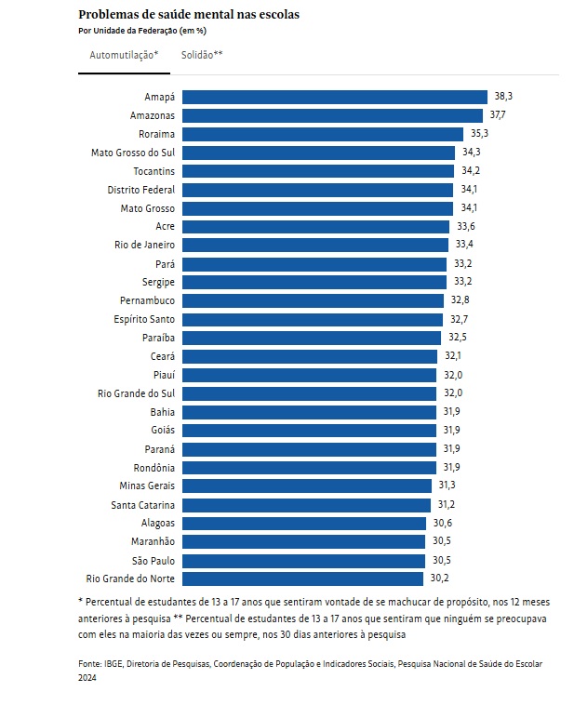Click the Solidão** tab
coord(202,56)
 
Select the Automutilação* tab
coord(124,56)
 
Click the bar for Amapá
coord(334,97)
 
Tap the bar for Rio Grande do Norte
coord(302,579)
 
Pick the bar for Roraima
coord(322,134)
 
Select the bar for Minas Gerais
coord(307,486)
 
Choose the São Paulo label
coord(154,560)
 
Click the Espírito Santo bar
coord(312,319)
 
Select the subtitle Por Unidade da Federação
coord(141,31)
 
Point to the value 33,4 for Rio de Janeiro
coord(464,245)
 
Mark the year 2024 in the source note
coord(87,678)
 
